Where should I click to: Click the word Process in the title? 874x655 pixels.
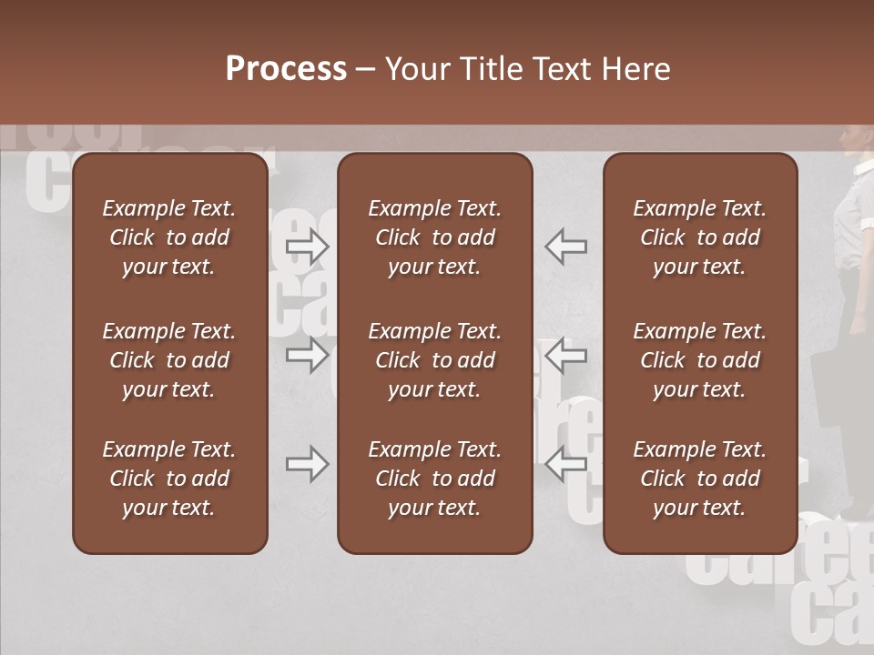point(286,69)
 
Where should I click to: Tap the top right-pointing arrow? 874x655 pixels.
point(308,247)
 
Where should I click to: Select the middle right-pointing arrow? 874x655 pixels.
point(308,355)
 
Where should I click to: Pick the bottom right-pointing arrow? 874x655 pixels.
point(308,465)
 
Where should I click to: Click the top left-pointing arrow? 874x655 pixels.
point(565,247)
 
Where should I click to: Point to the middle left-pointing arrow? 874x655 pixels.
point(565,355)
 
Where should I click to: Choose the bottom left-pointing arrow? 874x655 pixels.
point(565,464)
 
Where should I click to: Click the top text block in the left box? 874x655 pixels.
point(169,237)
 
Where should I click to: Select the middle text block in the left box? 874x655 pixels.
point(169,360)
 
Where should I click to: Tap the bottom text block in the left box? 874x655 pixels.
point(169,479)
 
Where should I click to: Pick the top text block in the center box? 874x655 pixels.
point(434,237)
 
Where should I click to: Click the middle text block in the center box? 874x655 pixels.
point(434,360)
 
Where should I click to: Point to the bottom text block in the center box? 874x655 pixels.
point(434,479)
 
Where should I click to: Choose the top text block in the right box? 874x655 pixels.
point(699,237)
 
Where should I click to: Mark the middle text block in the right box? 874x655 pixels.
point(699,360)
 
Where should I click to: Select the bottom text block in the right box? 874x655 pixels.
point(699,479)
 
